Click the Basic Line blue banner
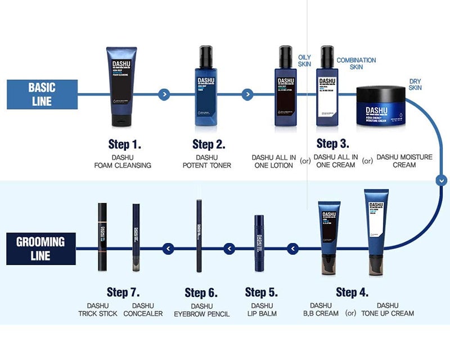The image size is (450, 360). pyautogui.click(x=42, y=94)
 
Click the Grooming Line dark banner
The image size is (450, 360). pyautogui.click(x=40, y=249)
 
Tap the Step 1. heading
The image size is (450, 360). pyautogui.click(x=124, y=144)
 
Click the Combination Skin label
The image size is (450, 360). pyautogui.click(x=356, y=64)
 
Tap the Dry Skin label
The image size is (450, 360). pyautogui.click(x=415, y=84)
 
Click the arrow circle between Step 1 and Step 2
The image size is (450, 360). pyautogui.click(x=163, y=94)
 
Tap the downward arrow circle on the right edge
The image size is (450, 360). pyautogui.click(x=442, y=181)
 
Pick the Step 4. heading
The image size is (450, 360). pyautogui.click(x=352, y=292)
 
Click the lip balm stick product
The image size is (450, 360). pyautogui.click(x=259, y=242)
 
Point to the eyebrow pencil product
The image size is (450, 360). pyautogui.click(x=199, y=236)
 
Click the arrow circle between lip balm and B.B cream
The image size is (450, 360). pyautogui.click(x=292, y=248)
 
